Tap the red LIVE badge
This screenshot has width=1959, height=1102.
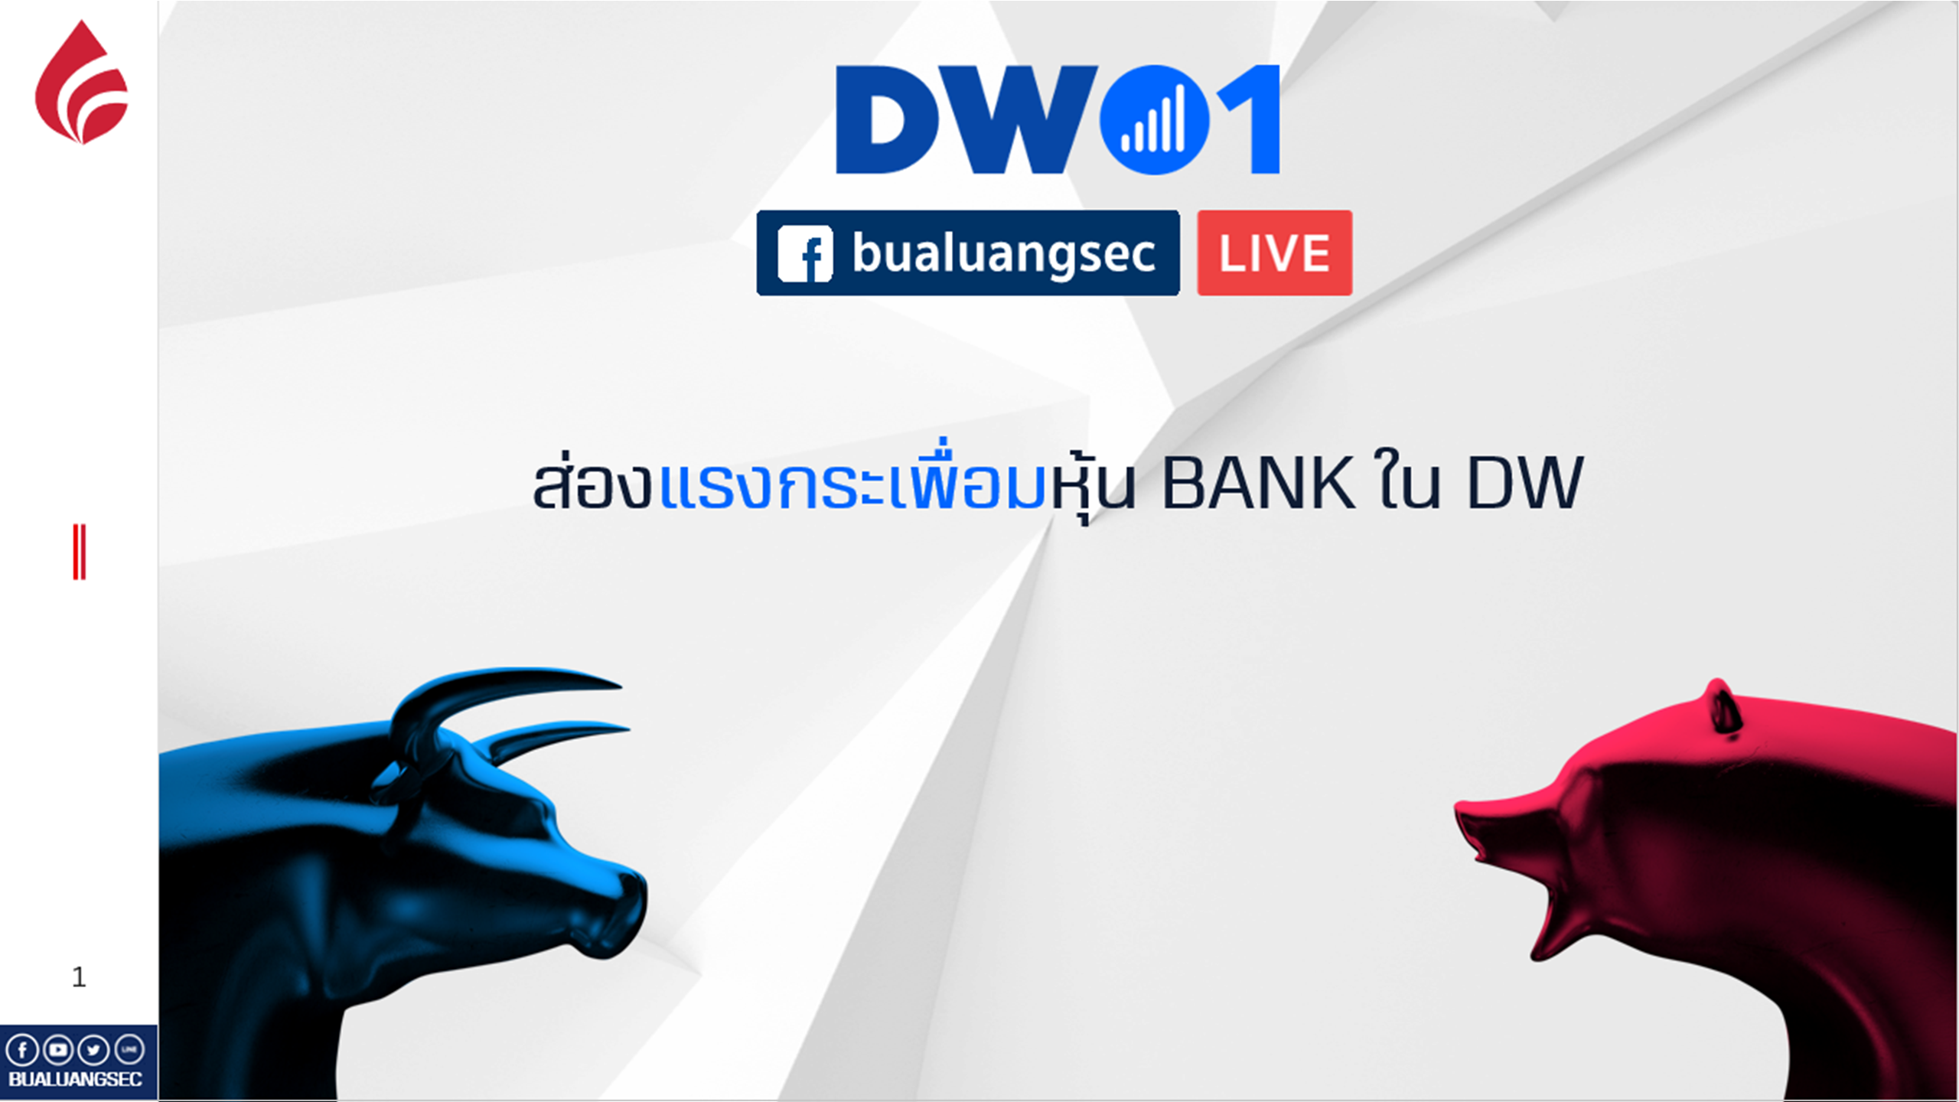[x=1274, y=253]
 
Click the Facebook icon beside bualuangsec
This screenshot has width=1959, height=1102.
[x=804, y=253]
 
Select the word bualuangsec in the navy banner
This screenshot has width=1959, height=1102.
[x=1003, y=253]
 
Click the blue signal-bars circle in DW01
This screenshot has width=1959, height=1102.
[x=1154, y=120]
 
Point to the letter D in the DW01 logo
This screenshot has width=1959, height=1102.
[x=888, y=119]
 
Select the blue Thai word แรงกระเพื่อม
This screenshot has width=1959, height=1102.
[x=851, y=479]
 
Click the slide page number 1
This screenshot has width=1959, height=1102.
[x=78, y=977]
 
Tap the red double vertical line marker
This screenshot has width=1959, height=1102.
[x=79, y=552]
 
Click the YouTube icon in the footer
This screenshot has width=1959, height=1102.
[x=57, y=1050]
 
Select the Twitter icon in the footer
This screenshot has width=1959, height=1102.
[x=93, y=1050]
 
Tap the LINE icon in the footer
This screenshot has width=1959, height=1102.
[x=129, y=1050]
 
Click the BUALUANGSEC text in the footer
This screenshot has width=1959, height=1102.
[x=75, y=1079]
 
